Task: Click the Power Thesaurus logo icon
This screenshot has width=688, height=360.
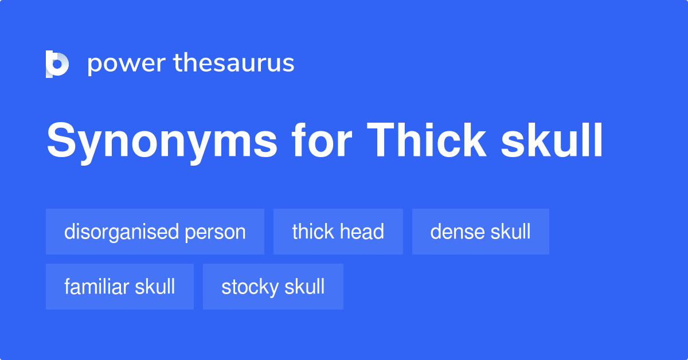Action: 57,64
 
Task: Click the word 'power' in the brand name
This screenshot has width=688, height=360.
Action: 126,64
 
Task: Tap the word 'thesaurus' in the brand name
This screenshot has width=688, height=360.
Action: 234,64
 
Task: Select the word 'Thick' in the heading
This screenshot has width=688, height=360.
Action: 427,141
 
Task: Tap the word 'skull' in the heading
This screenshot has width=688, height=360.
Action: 552,141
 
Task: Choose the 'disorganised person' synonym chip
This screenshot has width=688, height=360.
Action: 155,232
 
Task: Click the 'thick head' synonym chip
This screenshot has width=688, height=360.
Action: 338,232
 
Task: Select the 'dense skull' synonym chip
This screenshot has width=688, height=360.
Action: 480,232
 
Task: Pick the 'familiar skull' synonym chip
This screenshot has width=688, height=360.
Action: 120,287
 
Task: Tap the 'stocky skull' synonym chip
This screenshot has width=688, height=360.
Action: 273,287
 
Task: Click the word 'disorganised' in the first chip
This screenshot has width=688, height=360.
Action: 122,232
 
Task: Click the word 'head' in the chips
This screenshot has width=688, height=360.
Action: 362,232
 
